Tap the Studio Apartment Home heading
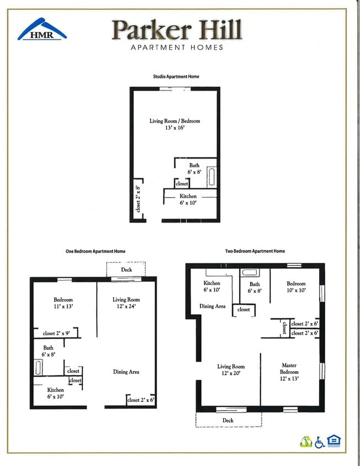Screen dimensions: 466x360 176,77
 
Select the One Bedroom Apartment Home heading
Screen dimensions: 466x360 96,251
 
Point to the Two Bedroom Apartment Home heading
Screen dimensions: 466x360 255,251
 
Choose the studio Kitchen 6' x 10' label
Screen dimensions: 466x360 188,200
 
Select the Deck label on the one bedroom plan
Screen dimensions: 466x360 126,269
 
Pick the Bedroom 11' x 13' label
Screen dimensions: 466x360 63,303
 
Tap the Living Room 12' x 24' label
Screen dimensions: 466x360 126,303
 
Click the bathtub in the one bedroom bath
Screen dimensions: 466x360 38,367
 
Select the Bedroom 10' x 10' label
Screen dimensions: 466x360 296,287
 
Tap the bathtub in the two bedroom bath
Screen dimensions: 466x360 250,272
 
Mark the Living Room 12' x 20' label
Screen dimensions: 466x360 231,370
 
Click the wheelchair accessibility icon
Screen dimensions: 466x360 320,442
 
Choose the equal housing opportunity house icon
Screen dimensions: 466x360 333,441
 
